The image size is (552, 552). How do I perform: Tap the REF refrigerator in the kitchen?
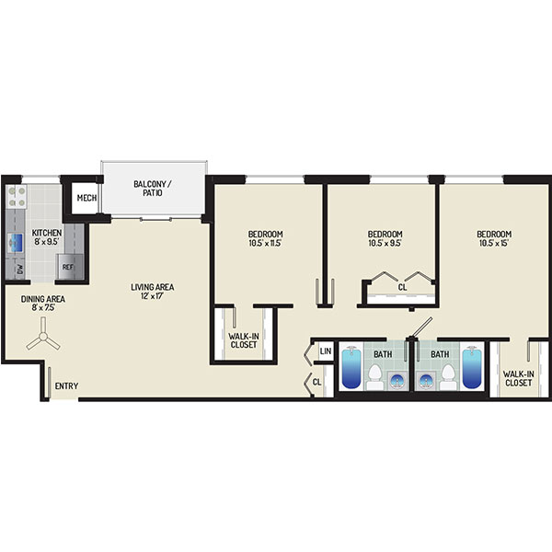[71, 267]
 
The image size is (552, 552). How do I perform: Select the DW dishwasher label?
[19, 270]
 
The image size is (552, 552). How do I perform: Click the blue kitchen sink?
[16, 243]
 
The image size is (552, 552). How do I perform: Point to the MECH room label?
[86, 198]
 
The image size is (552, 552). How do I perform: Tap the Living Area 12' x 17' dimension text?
[152, 296]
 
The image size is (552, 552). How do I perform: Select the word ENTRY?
[66, 386]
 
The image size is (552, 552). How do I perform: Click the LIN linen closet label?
[326, 351]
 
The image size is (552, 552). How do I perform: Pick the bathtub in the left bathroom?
[351, 367]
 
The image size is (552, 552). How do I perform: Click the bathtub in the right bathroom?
[472, 367]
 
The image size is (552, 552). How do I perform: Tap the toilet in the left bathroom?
[374, 376]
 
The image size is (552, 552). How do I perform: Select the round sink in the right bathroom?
[426, 381]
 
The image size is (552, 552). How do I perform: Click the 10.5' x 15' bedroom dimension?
[494, 243]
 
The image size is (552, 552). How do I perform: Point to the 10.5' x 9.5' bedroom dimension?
[385, 243]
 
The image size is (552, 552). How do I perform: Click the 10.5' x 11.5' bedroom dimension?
[266, 243]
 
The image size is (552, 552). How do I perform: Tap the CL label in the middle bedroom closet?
[402, 287]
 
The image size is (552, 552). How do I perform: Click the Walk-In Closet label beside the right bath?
[518, 378]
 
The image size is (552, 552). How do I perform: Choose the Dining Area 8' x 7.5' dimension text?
[43, 307]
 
